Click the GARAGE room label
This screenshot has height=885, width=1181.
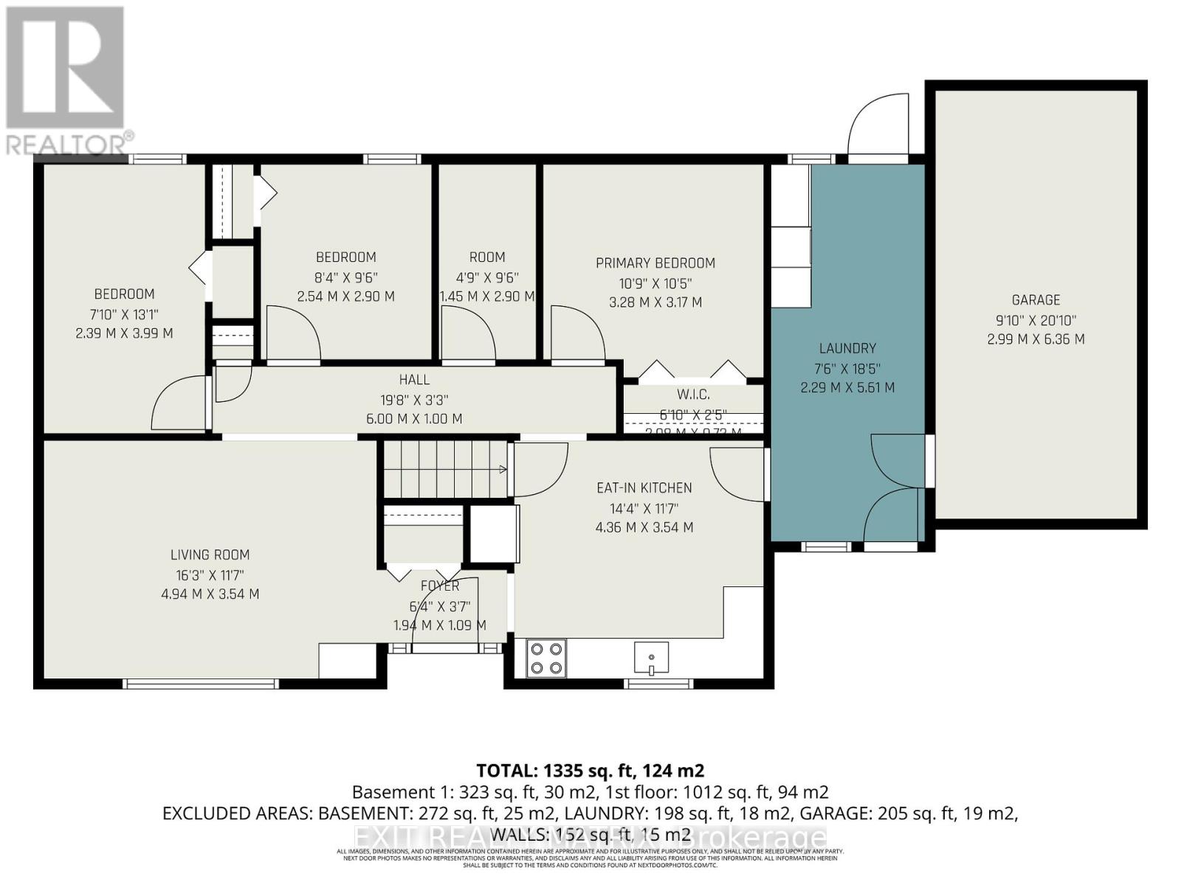(x=1036, y=300)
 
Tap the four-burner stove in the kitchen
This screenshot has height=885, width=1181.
(x=546, y=659)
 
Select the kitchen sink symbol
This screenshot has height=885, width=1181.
(x=651, y=658)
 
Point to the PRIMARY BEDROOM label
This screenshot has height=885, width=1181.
(x=655, y=263)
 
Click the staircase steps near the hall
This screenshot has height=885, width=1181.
(x=444, y=469)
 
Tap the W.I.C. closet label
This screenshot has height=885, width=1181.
(x=692, y=395)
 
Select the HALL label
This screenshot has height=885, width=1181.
(x=414, y=380)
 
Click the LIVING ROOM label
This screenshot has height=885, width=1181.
(x=210, y=555)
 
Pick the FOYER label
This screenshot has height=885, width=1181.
(x=440, y=586)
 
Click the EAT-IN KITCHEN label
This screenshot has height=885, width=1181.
(x=644, y=488)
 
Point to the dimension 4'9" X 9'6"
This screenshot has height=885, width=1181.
(x=487, y=278)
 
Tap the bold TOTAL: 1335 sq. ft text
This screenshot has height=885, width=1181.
(x=590, y=771)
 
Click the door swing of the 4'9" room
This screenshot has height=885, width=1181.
(x=467, y=335)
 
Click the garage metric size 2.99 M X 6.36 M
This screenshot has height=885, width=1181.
(x=1036, y=339)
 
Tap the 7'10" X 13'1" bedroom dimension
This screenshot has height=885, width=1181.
(x=124, y=314)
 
